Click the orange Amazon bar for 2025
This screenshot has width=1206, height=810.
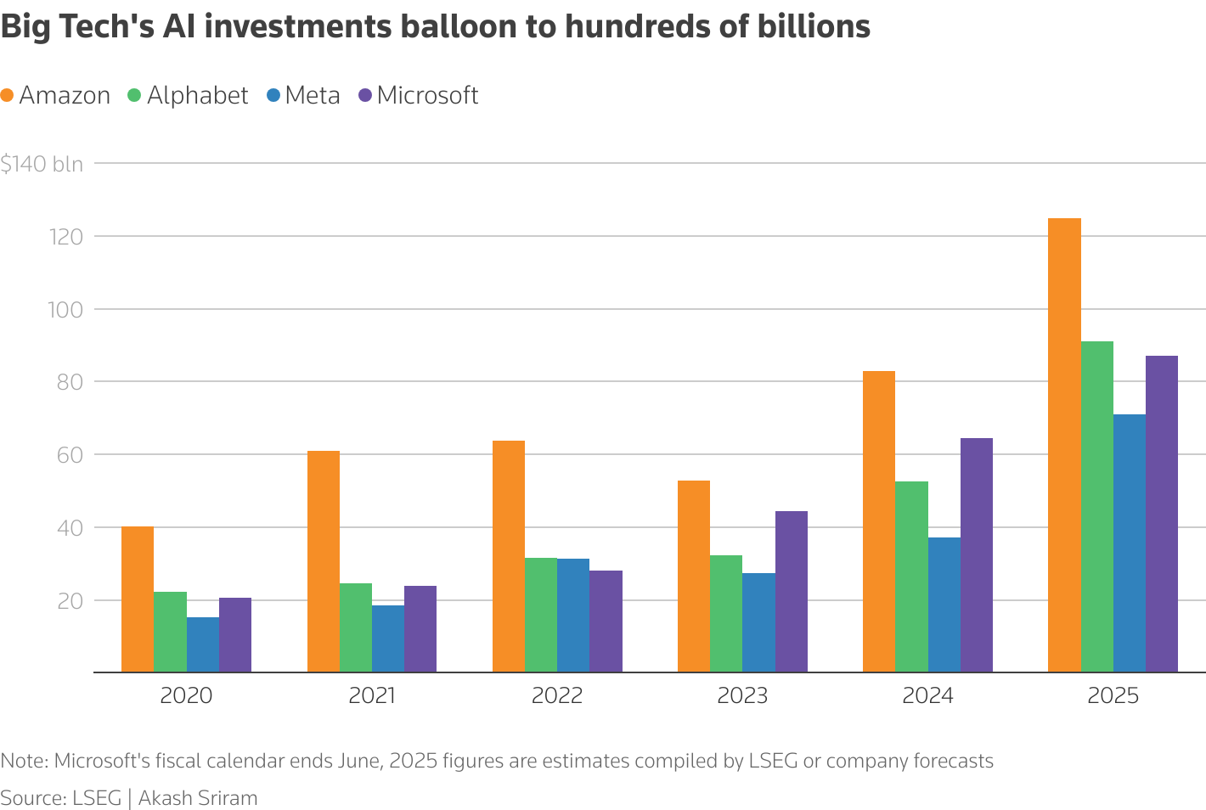pyautogui.click(x=1064, y=445)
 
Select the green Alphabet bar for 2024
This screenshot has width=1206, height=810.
pyautogui.click(x=911, y=577)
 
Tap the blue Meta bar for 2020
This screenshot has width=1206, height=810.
pyautogui.click(x=202, y=644)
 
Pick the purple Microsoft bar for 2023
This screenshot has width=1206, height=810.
pyautogui.click(x=791, y=592)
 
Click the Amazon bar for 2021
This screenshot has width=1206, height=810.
pyautogui.click(x=323, y=561)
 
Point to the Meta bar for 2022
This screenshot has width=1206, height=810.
pyautogui.click(x=572, y=616)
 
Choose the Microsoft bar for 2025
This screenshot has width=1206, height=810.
pyautogui.click(x=1161, y=514)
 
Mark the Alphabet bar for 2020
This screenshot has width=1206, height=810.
pyautogui.click(x=170, y=632)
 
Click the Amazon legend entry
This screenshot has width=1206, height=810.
pyautogui.click(x=56, y=95)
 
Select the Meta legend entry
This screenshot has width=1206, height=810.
pyautogui.click(x=303, y=95)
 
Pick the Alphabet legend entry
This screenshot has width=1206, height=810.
pyautogui.click(x=188, y=95)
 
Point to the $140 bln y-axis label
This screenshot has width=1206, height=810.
pyautogui.click(x=42, y=164)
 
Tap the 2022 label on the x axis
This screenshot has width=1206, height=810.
pyautogui.click(x=557, y=696)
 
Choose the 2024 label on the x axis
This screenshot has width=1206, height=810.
pyautogui.click(x=927, y=696)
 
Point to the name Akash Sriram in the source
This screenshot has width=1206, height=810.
pyautogui.click(x=197, y=798)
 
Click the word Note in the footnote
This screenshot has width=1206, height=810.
pyautogui.click(x=23, y=761)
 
